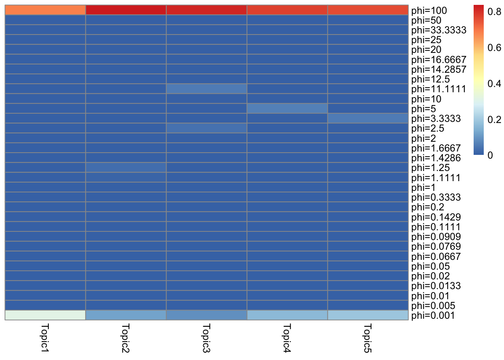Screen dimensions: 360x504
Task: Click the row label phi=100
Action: point(429,10)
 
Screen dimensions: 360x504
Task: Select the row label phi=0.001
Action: point(433,315)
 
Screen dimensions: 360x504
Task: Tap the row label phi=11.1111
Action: point(438,89)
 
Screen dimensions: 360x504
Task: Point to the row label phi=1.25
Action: point(430,168)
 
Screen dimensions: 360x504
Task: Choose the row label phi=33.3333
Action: point(438,30)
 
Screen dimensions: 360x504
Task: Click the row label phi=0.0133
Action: point(436,286)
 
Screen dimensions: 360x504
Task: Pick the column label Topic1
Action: point(45,337)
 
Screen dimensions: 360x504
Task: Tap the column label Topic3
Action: point(206,337)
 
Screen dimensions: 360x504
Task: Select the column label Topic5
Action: point(367,337)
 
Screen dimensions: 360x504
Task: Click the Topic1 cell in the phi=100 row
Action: point(45,10)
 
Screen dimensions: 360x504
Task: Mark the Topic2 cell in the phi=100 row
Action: point(126,10)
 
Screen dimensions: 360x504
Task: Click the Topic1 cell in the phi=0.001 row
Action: point(45,315)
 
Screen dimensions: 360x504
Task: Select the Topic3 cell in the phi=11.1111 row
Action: point(207,89)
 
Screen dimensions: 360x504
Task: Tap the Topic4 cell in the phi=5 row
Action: point(287,108)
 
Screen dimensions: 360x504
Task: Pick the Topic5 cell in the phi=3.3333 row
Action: point(368,118)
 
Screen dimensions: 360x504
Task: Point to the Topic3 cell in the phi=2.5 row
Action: point(207,128)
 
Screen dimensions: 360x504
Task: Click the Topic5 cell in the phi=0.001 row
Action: point(368,315)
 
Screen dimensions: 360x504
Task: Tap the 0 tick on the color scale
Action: point(490,155)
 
